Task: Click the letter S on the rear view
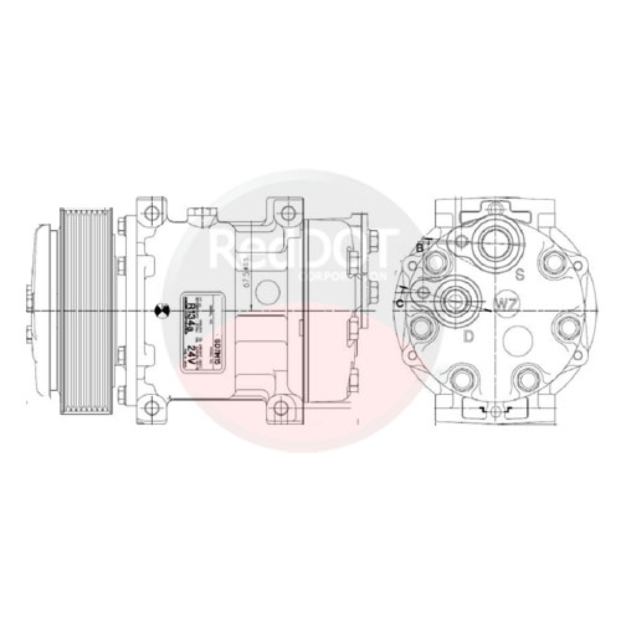520,275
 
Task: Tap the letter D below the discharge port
468,337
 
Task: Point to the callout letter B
419,247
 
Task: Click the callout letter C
399,303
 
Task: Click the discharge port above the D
455,297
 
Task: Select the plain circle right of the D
519,341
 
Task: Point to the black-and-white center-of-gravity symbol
161,310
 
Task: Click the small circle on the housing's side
267,292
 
